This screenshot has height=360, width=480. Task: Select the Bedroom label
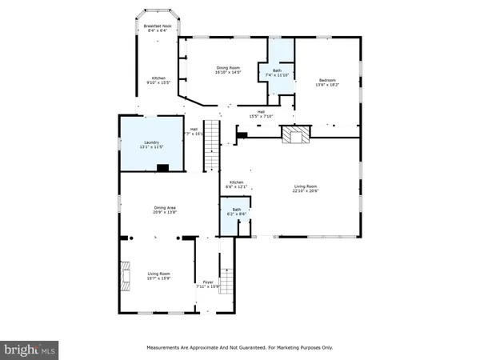pyautogui.click(x=328, y=80)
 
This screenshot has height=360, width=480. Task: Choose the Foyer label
pyautogui.click(x=208, y=282)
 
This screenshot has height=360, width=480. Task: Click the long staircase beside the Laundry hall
pyautogui.click(x=213, y=144)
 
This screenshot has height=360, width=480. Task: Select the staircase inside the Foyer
pyautogui.click(x=226, y=281)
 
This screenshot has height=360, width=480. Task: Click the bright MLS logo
pyautogui.click(x=30, y=349)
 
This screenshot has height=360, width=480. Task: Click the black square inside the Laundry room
pyautogui.click(x=162, y=168)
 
